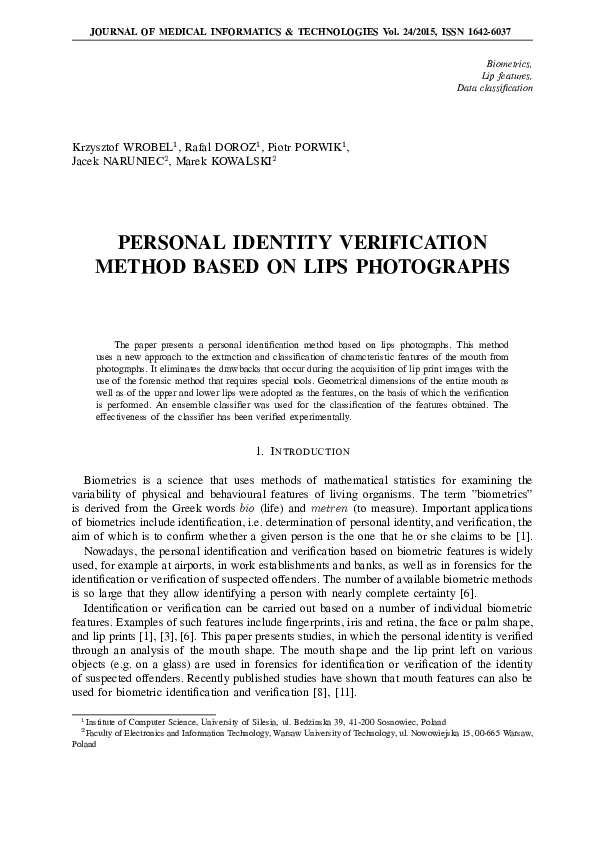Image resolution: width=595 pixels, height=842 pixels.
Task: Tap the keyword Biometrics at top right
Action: [x=510, y=62]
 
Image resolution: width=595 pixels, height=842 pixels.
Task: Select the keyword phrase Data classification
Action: [x=495, y=88]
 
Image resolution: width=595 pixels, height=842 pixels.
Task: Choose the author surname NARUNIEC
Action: [x=121, y=161]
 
